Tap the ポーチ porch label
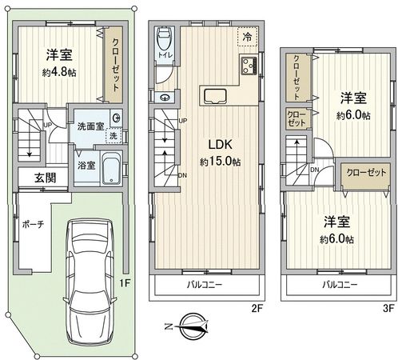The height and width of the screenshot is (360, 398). (33, 224)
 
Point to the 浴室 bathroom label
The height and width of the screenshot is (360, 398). (86, 166)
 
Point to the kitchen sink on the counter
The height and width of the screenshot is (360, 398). (216, 96)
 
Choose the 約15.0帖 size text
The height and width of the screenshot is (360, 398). (221, 162)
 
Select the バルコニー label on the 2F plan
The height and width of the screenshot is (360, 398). (205, 284)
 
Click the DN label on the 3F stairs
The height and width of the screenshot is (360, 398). (315, 170)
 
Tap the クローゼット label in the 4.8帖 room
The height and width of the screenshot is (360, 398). (110, 60)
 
